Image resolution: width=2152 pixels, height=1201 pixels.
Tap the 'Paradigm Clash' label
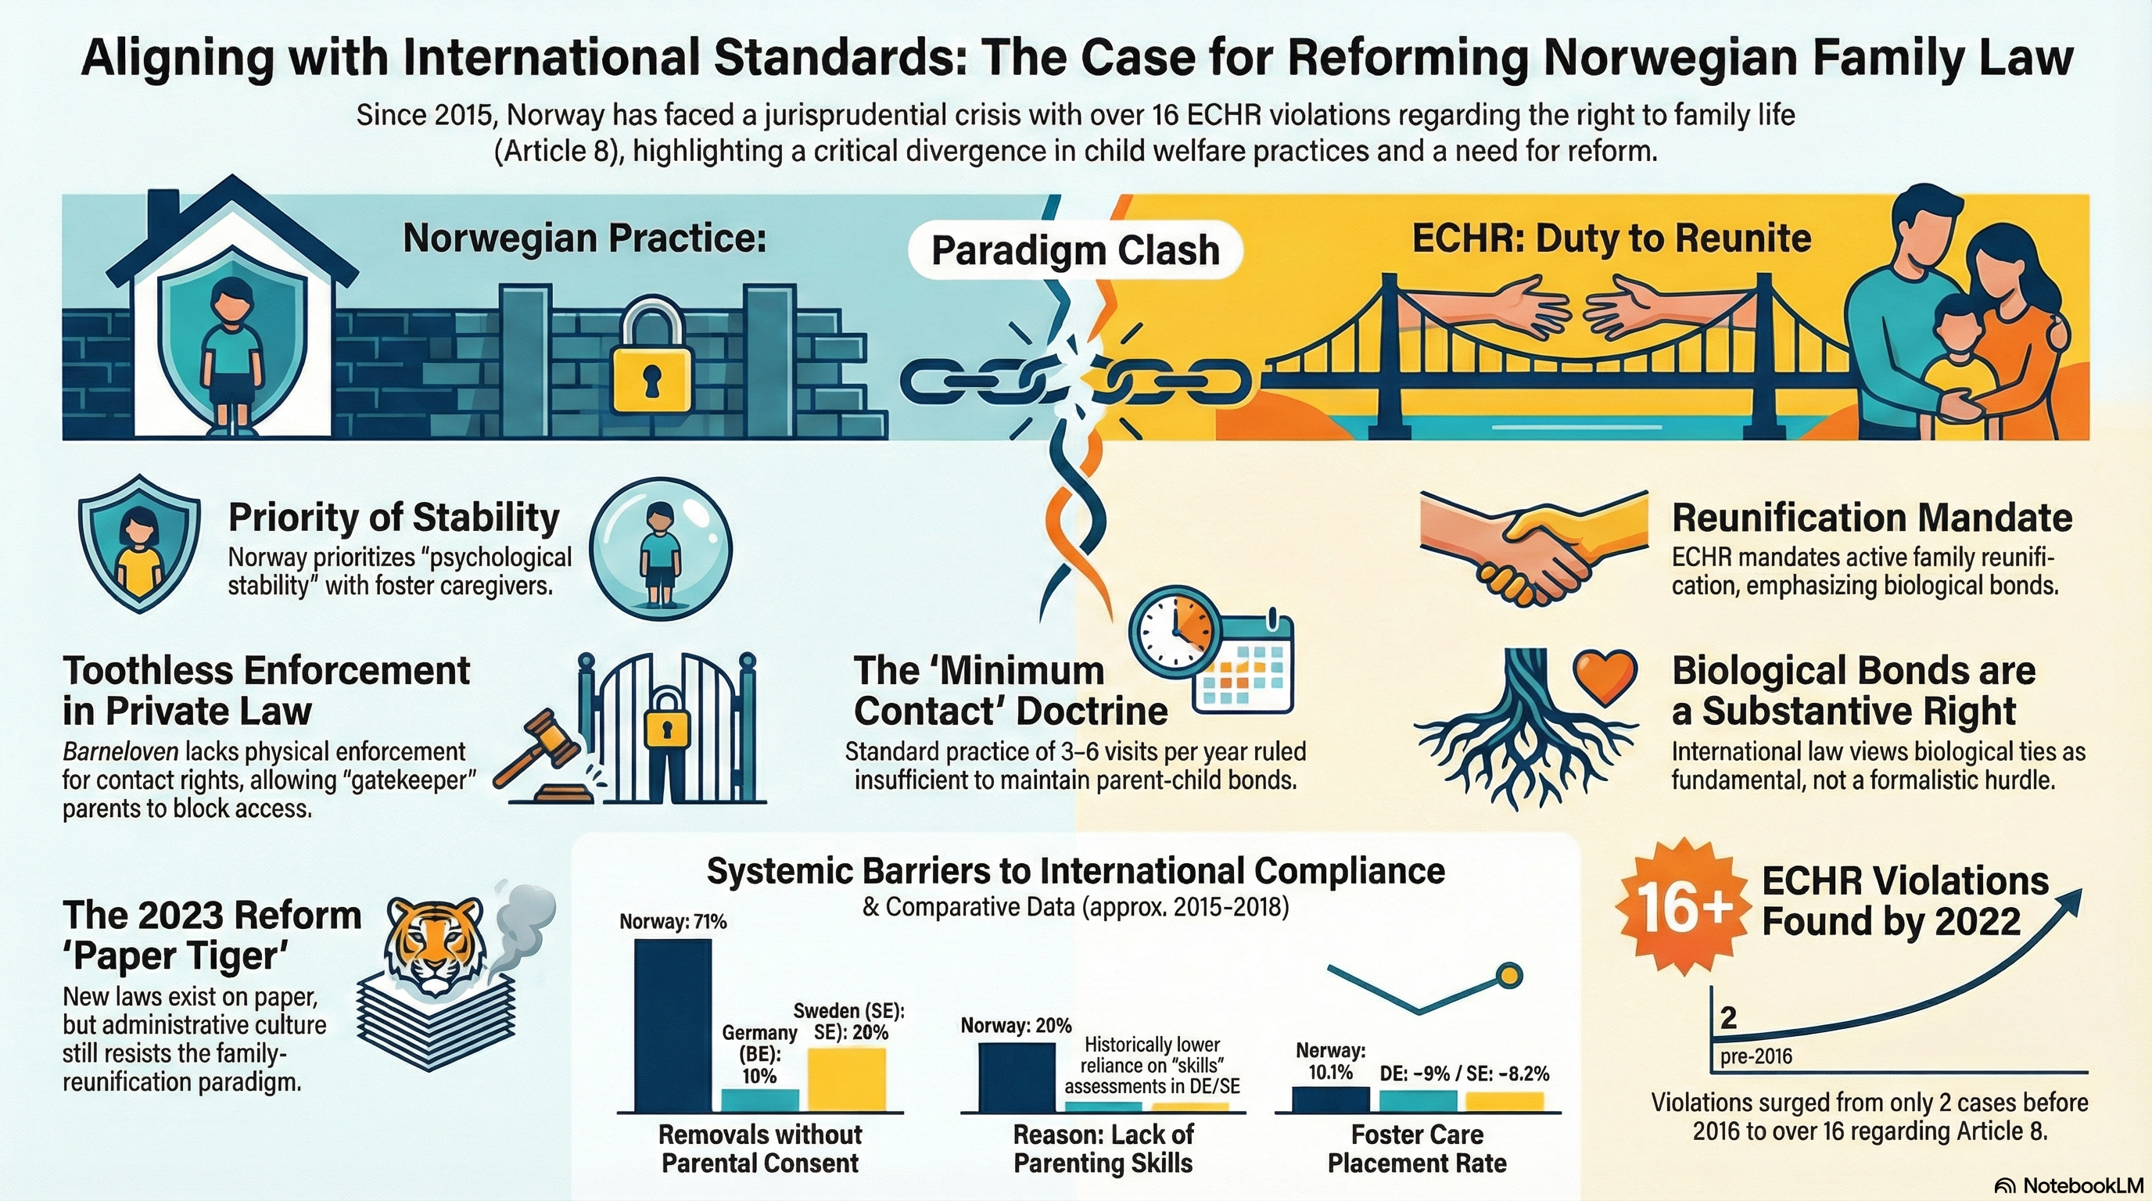pyautogui.click(x=1075, y=249)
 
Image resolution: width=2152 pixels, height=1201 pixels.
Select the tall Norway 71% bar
pyautogui.click(x=673, y=1025)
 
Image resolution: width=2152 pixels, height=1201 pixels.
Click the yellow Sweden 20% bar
pyautogui.click(x=847, y=1079)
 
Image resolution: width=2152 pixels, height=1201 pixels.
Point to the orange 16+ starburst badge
pyautogui.click(x=1680, y=907)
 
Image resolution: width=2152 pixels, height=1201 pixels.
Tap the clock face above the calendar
pyautogui.click(x=1173, y=632)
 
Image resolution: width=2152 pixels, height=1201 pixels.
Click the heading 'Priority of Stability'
pyautogui.click(x=393, y=518)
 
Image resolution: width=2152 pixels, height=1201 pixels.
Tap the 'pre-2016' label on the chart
pyautogui.click(x=1756, y=1056)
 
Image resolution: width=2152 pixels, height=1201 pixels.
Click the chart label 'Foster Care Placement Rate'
pyautogui.click(x=1417, y=1149)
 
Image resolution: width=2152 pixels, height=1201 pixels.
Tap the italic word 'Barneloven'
pyautogui.click(x=120, y=751)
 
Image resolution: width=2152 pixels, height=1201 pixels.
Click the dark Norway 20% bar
pyautogui.click(x=1016, y=1077)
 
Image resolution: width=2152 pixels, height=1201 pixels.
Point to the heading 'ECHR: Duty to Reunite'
pyautogui.click(x=1611, y=238)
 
